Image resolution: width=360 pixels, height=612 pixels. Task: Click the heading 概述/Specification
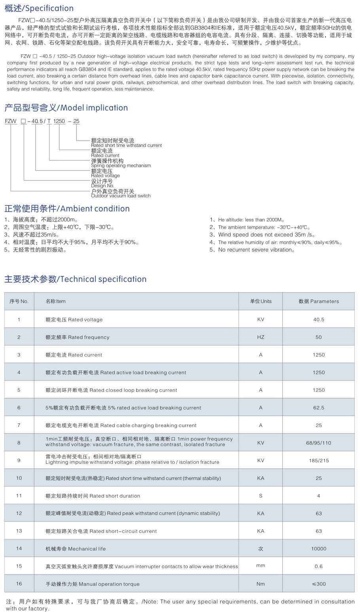pos(39,8)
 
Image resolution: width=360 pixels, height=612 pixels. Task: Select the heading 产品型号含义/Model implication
pos(66,108)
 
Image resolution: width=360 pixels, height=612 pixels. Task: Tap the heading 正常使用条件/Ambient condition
pos(67,209)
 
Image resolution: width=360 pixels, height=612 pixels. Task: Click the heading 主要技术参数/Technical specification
pos(75,279)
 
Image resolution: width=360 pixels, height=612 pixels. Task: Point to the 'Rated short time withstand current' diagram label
pos(126,145)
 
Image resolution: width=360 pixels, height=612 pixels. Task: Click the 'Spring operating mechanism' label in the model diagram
pos(121,165)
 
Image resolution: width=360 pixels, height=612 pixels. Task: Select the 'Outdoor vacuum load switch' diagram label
pos(121,196)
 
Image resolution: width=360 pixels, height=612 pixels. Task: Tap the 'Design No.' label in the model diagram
pos(102,186)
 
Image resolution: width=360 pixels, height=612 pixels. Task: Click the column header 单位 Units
pos(260,301)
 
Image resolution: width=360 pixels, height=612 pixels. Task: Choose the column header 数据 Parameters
pos(318,301)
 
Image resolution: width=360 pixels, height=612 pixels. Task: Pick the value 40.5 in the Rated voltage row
pos(318,319)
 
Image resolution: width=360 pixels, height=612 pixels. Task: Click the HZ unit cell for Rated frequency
pos(260,337)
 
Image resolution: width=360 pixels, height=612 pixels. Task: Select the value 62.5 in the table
pos(318,408)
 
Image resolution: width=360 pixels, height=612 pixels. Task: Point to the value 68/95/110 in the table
pos(318,443)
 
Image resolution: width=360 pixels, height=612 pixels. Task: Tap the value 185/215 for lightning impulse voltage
pos(318,460)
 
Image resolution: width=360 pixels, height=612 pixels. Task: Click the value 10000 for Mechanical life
pos(318,549)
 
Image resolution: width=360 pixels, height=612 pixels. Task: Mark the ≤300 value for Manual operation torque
pos(318,584)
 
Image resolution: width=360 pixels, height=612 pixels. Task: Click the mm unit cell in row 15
pos(260,566)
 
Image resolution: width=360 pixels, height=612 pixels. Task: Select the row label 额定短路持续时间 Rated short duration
pos(93,496)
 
